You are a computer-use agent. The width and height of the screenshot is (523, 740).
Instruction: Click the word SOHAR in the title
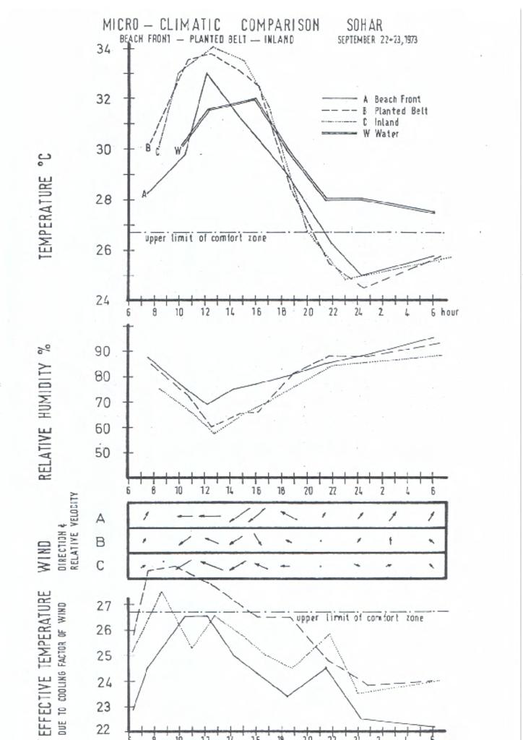[364, 25]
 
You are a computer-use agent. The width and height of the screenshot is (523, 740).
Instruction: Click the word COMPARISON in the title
[280, 25]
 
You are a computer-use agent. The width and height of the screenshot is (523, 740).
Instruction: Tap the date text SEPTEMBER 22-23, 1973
[377, 40]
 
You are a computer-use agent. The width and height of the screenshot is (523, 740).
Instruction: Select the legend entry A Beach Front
[392, 99]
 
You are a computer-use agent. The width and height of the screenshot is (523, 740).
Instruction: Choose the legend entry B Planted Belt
[395, 111]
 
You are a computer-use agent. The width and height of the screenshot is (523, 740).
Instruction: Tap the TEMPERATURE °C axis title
[47, 207]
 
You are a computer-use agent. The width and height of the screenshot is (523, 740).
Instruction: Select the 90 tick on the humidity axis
[103, 351]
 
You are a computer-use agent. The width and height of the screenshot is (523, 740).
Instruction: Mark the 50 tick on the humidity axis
[103, 453]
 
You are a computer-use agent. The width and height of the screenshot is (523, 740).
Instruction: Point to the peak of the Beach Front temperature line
[207, 73]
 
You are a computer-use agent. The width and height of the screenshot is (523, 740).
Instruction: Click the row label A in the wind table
[100, 518]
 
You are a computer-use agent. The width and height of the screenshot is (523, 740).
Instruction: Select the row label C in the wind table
[100, 565]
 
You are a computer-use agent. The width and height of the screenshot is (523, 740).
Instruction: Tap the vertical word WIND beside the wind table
[45, 555]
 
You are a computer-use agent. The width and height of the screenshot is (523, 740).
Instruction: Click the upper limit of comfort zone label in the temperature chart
[206, 238]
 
